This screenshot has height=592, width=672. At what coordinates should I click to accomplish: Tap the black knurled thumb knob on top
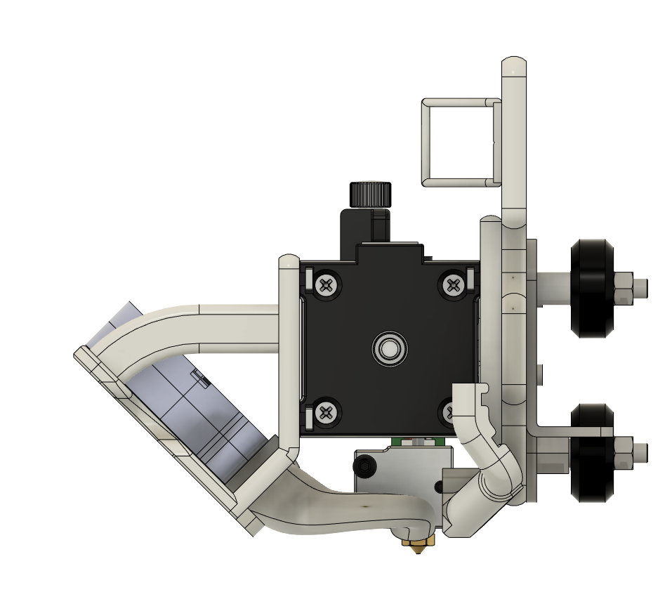point(370,194)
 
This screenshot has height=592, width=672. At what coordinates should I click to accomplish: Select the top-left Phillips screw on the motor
point(326,285)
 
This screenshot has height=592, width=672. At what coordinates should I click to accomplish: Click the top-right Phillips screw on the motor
point(453,284)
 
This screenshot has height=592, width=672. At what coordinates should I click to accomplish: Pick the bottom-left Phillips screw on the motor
point(326,412)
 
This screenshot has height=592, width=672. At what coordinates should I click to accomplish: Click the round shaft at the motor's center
point(388,348)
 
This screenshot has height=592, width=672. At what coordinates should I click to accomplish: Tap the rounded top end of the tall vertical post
point(515,67)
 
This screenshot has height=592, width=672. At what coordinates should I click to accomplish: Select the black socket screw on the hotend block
point(367,466)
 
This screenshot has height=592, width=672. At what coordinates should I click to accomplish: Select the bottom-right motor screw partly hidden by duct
point(448,412)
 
